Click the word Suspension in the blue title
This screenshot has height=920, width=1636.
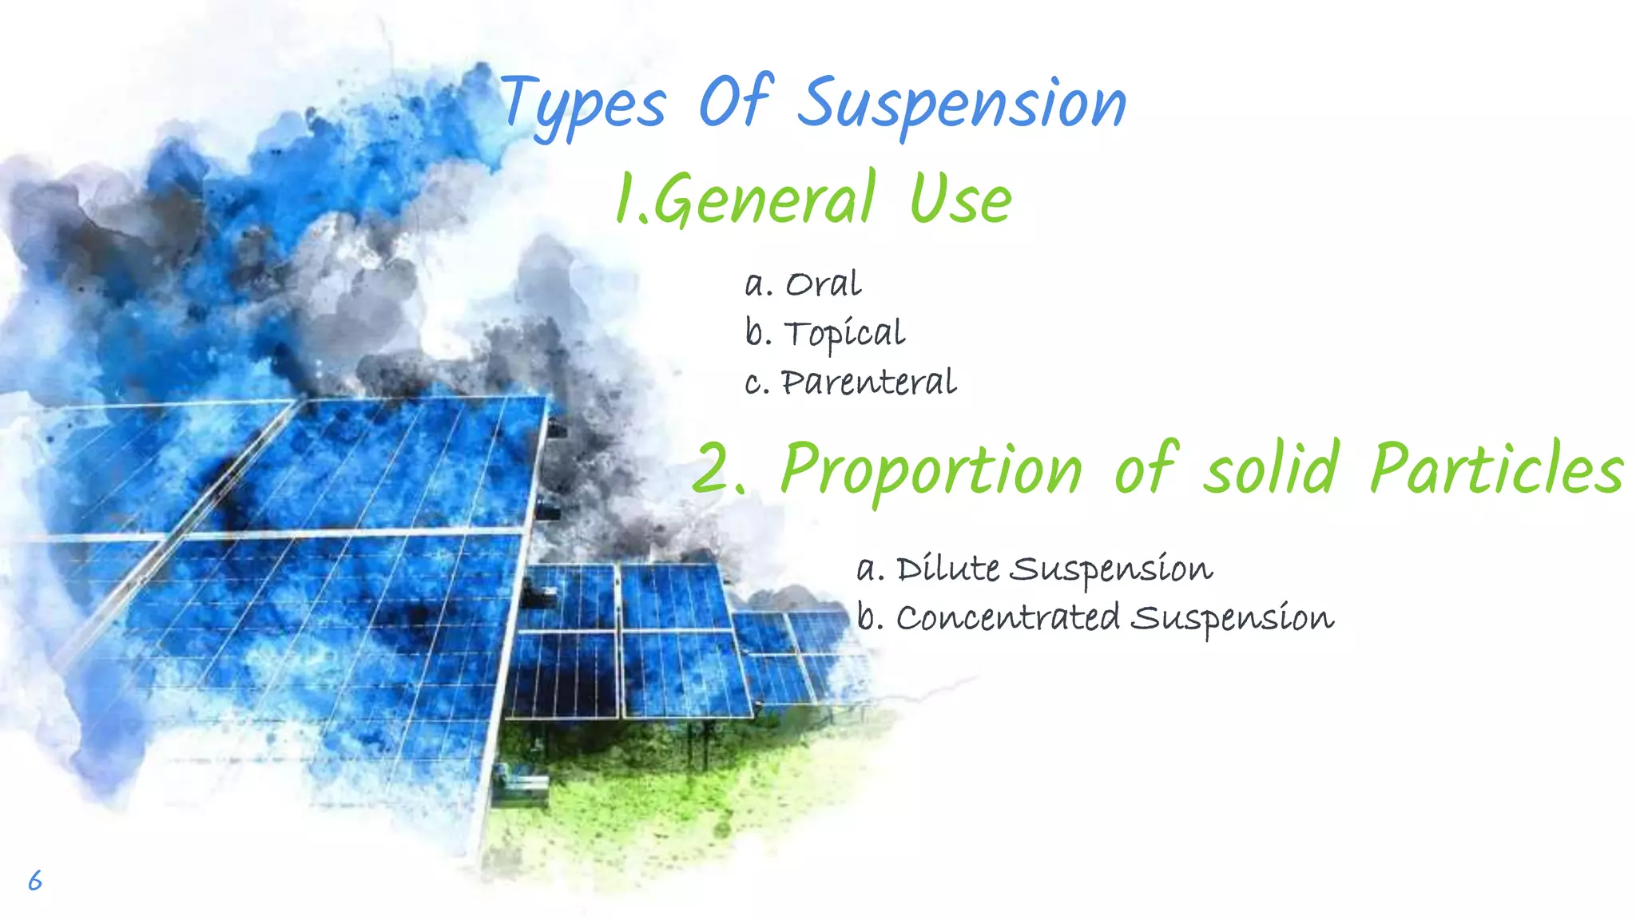[x=962, y=104]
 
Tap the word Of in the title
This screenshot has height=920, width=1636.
[x=735, y=102]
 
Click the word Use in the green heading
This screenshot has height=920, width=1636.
[x=961, y=200]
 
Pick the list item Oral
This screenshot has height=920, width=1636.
[x=823, y=284]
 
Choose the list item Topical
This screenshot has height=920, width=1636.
[x=844, y=334]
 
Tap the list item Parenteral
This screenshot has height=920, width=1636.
[x=868, y=383]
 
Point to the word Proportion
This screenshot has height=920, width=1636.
[x=931, y=470]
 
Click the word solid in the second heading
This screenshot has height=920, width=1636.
[x=1271, y=470]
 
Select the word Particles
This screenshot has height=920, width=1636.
[x=1496, y=470]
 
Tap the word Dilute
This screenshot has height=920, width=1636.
[x=947, y=569]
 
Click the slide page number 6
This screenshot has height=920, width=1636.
[x=35, y=880]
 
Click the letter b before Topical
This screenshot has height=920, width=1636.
[x=755, y=332]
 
